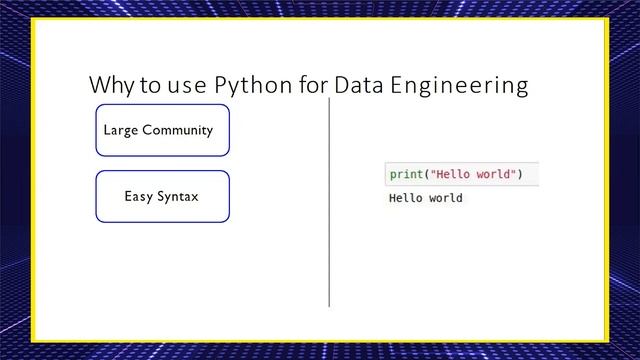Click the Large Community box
click(x=162, y=130)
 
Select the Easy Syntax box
click(x=162, y=196)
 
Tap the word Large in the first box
click(x=121, y=130)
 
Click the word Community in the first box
click(x=178, y=130)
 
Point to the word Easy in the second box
click(x=138, y=196)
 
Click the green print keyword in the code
click(x=405, y=175)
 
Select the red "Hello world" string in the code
click(x=473, y=175)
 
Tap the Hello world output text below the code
click(x=425, y=198)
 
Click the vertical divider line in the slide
click(x=329, y=200)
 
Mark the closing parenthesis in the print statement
click(x=521, y=175)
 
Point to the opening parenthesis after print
click(x=425, y=175)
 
